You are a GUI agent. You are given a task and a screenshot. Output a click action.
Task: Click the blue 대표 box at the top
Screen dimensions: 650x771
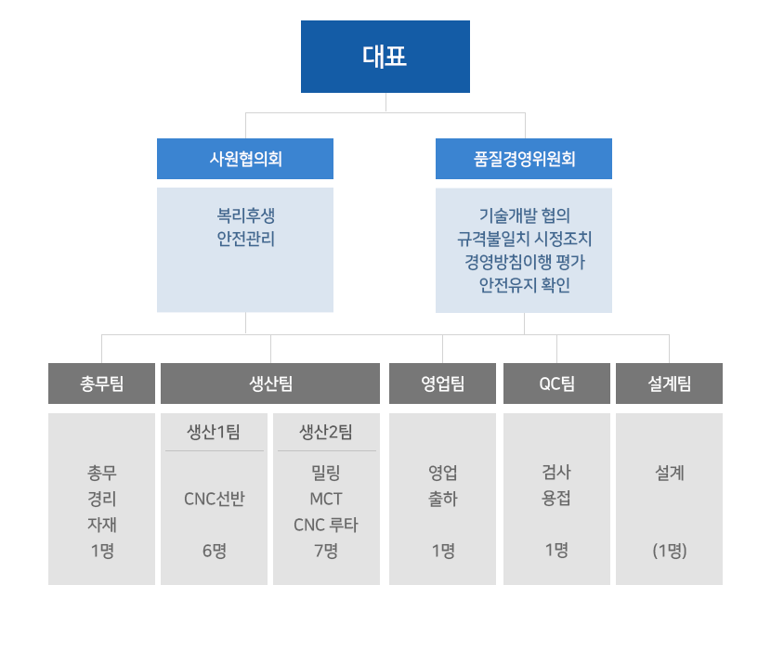click(x=385, y=57)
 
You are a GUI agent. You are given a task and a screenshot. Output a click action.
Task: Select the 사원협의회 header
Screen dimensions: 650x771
click(x=245, y=159)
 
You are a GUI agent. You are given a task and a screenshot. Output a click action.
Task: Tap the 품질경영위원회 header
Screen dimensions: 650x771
click(x=524, y=159)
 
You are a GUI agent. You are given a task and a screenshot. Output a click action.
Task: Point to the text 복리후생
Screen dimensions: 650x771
click(x=245, y=215)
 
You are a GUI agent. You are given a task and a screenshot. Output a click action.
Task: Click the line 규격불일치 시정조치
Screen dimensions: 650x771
click(x=524, y=239)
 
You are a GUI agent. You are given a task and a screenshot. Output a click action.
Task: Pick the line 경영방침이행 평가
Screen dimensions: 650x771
click(x=524, y=262)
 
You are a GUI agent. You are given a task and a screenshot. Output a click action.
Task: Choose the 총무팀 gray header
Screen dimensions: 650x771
click(x=102, y=383)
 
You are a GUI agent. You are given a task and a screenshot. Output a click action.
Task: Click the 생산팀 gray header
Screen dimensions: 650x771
click(x=270, y=383)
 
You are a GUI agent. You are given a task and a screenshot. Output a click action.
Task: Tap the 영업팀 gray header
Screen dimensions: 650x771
click(x=443, y=383)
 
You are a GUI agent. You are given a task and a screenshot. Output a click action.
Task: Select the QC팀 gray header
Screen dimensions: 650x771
click(x=556, y=383)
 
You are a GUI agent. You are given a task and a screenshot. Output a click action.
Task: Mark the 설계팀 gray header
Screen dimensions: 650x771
click(x=669, y=383)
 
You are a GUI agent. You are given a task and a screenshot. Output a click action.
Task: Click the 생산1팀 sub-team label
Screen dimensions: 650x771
click(x=214, y=432)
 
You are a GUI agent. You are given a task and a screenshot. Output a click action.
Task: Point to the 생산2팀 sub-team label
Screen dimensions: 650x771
click(x=326, y=432)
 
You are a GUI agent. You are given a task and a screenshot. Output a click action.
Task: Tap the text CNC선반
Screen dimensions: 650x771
click(x=214, y=499)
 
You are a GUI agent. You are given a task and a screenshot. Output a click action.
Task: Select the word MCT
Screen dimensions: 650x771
click(x=326, y=499)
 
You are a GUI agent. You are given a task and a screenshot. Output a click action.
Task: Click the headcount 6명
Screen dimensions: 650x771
click(x=214, y=551)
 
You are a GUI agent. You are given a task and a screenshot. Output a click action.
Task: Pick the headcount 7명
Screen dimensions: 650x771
click(x=326, y=551)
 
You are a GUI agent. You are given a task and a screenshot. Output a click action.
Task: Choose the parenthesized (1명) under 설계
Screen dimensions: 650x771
click(x=669, y=551)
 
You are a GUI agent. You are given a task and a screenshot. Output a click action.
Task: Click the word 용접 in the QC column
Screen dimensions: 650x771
click(x=556, y=499)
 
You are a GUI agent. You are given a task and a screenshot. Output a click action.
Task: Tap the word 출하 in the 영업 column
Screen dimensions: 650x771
click(x=443, y=499)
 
